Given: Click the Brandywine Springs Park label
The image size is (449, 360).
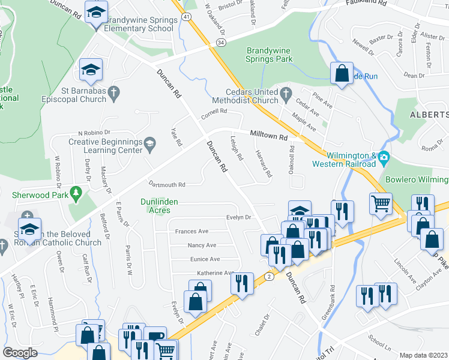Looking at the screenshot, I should pos(269,55).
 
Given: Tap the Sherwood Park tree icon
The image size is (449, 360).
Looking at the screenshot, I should pos(76,192).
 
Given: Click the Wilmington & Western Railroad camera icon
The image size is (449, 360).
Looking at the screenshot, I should pos(384,157).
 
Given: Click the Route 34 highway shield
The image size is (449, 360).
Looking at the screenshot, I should pos(221,43).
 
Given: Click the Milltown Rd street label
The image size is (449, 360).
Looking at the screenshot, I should pos(269,137).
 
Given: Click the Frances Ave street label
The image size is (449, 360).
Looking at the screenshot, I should pos(191,231).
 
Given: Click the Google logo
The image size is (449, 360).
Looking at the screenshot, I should pos(20,353).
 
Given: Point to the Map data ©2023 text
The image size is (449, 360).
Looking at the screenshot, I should pos(424,355).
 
